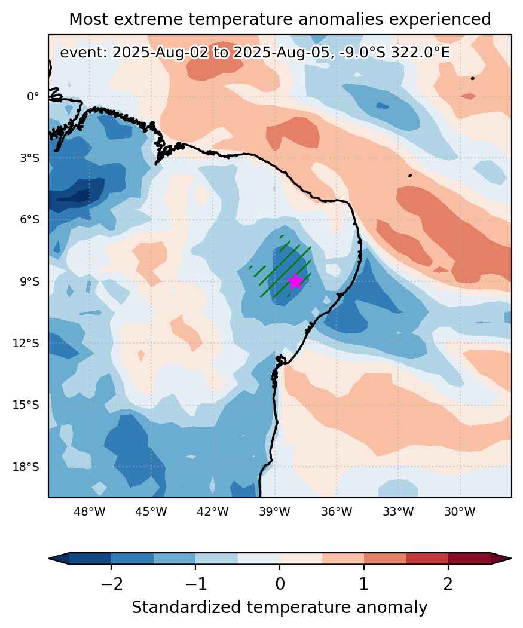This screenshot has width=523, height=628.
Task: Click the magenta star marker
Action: tap(295, 281)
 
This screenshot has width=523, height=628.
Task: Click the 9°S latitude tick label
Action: tap(30, 281)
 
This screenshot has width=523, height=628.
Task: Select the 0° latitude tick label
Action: tap(33, 97)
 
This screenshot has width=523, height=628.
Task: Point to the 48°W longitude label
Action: tap(90, 511)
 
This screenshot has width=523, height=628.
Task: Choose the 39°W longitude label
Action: tap(274, 511)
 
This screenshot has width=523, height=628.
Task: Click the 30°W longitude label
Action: tap(460, 511)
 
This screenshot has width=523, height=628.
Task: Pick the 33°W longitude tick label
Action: tap(398, 511)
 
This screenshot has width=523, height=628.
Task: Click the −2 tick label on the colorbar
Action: tap(111, 584)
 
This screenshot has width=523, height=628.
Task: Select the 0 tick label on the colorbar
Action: tap(280, 584)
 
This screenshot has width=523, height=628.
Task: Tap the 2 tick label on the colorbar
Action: tap(448, 584)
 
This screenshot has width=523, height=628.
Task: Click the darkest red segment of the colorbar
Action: tap(469, 558)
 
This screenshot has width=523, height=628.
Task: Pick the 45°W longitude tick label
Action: tap(151, 511)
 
